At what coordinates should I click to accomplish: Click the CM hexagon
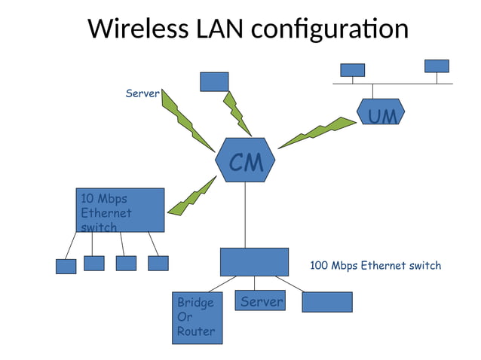(245, 160)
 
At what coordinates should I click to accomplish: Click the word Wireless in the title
(138, 29)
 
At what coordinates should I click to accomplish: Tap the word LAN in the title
(219, 29)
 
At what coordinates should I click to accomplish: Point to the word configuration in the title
(329, 30)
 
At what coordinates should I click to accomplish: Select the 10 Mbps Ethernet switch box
(120, 209)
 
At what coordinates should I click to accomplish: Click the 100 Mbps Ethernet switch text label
(375, 265)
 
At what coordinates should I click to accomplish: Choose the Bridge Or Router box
(197, 317)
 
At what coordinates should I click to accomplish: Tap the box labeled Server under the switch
(260, 301)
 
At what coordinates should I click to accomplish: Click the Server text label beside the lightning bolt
(142, 93)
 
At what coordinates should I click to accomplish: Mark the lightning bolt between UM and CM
(317, 133)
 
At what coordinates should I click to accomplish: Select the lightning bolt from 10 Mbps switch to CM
(191, 196)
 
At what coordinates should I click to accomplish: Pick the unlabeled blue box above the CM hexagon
(214, 81)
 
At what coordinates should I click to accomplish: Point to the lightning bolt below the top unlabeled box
(237, 113)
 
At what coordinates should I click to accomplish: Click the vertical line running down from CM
(246, 215)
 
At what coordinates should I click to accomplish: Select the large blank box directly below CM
(254, 261)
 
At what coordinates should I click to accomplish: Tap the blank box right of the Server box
(326, 301)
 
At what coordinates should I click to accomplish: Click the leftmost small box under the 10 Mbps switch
(66, 266)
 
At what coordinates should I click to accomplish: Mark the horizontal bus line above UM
(392, 83)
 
